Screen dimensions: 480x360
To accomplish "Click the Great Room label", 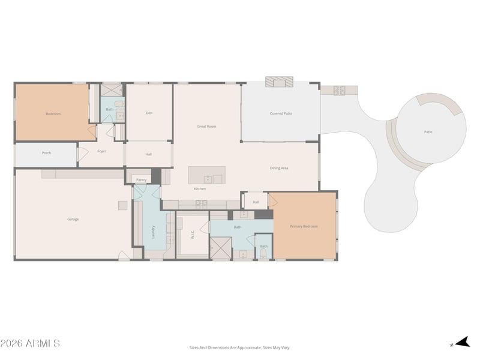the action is (206, 126).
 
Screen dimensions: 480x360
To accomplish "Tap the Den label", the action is (149, 113).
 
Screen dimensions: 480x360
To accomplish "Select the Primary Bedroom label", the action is (304, 226).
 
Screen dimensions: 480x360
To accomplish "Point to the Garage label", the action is (73, 219).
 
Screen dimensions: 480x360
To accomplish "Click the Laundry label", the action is (154, 232).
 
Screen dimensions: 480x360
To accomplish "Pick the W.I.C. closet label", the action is (193, 235).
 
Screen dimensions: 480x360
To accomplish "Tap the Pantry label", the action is (142, 180).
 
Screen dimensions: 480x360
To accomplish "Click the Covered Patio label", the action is (281, 113).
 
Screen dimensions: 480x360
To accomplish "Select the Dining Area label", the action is (279, 168).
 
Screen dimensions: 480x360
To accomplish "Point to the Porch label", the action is (47, 153).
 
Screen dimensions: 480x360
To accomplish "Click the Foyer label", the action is (101, 151).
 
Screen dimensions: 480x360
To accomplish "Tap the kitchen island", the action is (206, 175).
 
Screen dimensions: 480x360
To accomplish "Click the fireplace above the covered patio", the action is (279, 82).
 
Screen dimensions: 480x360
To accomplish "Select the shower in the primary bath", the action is (220, 248).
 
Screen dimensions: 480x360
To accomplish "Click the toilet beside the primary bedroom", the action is (263, 253).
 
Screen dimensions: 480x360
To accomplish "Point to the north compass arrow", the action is (463, 342).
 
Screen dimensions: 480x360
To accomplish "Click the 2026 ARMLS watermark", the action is (30, 343).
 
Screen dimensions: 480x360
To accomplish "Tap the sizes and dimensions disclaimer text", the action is (239, 347).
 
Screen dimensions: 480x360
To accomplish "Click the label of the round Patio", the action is (428, 132).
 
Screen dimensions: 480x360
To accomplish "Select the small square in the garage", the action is (123, 205).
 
